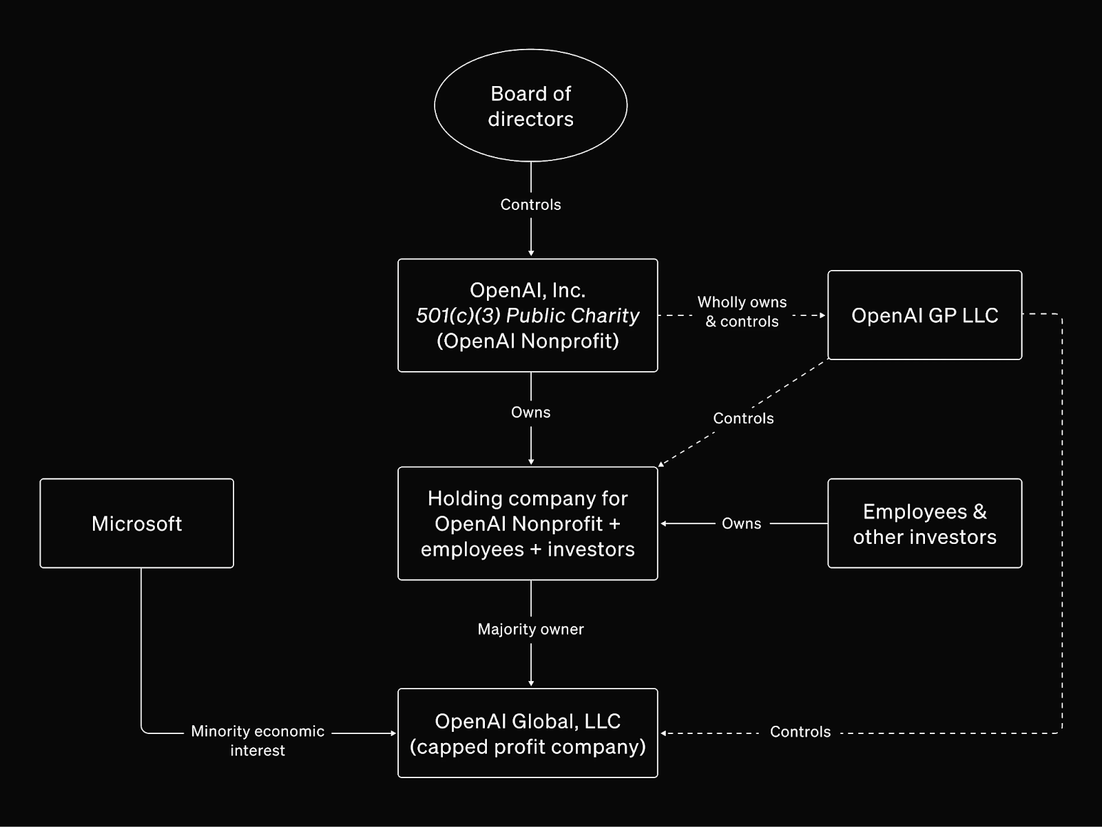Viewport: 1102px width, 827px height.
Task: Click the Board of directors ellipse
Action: click(530, 105)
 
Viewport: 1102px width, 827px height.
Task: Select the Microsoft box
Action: click(136, 523)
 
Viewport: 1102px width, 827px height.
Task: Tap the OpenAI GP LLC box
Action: click(924, 315)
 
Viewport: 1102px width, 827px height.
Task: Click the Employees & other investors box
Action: click(924, 523)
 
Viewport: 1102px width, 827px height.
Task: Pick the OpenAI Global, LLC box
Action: click(528, 733)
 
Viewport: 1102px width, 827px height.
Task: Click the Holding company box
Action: click(528, 523)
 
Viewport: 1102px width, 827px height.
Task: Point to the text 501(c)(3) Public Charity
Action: click(528, 315)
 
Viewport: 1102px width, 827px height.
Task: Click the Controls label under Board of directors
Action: click(530, 205)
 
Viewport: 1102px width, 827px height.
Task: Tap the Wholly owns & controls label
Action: click(742, 311)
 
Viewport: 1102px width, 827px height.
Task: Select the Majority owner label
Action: click(530, 629)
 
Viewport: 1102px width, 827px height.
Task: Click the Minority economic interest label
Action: click(258, 740)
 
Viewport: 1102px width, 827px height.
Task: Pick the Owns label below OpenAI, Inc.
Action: click(530, 412)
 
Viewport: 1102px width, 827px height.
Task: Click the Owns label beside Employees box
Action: click(741, 523)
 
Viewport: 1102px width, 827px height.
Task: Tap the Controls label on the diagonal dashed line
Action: click(743, 418)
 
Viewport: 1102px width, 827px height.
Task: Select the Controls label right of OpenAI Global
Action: click(800, 731)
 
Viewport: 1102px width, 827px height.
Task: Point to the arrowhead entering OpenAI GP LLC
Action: click(822, 315)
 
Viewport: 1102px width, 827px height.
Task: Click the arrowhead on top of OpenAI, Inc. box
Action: click(530, 253)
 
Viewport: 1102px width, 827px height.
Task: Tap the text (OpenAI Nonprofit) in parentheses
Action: click(528, 341)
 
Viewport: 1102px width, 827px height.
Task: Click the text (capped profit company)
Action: click(528, 746)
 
